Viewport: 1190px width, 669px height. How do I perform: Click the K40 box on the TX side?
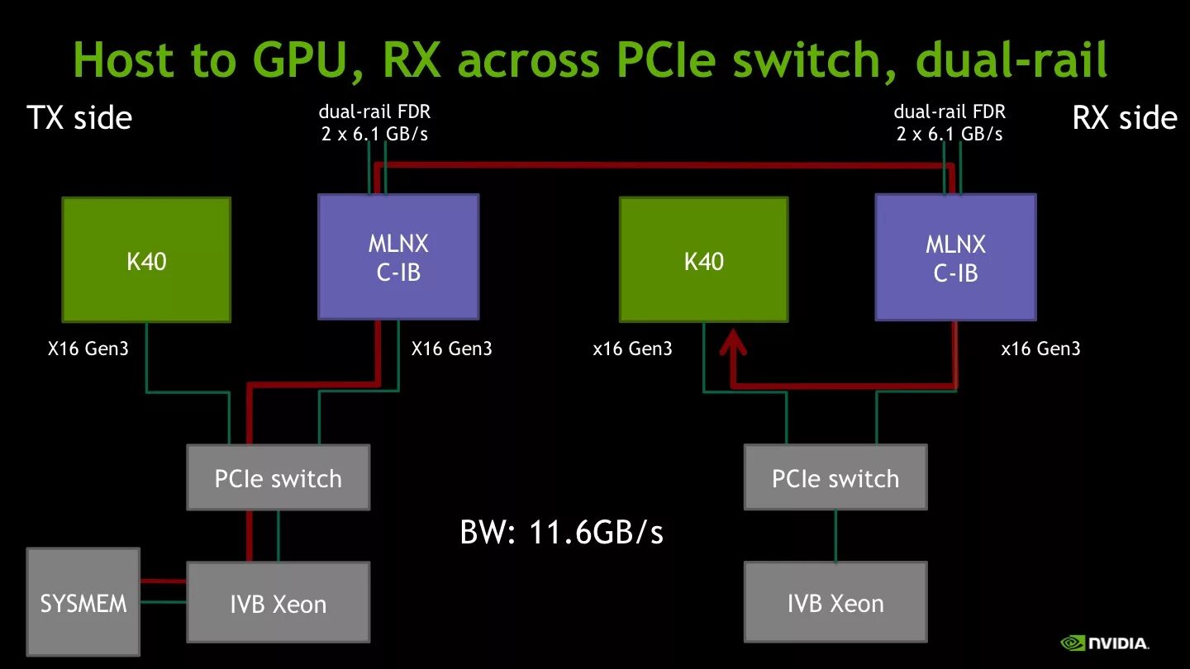click(x=146, y=259)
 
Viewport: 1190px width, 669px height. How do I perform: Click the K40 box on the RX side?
click(x=703, y=259)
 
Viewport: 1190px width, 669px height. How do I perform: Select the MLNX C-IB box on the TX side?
click(x=398, y=257)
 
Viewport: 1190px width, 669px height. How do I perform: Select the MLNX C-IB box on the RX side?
click(x=955, y=257)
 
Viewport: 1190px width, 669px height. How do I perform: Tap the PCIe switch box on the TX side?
click(x=278, y=477)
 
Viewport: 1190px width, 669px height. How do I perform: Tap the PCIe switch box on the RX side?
click(x=835, y=477)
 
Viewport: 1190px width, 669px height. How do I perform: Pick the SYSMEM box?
click(x=83, y=602)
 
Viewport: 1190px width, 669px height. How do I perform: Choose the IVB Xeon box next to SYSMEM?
click(x=278, y=603)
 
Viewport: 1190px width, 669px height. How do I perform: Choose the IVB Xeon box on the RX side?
click(x=835, y=603)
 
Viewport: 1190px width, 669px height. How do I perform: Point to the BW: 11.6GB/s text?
click(x=561, y=533)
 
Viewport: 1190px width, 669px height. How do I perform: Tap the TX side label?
click(x=79, y=118)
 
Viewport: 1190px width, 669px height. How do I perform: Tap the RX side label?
click(x=1124, y=118)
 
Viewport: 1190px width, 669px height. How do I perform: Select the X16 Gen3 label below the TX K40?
click(x=88, y=349)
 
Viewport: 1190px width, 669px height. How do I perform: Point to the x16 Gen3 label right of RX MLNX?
click(x=1040, y=349)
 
